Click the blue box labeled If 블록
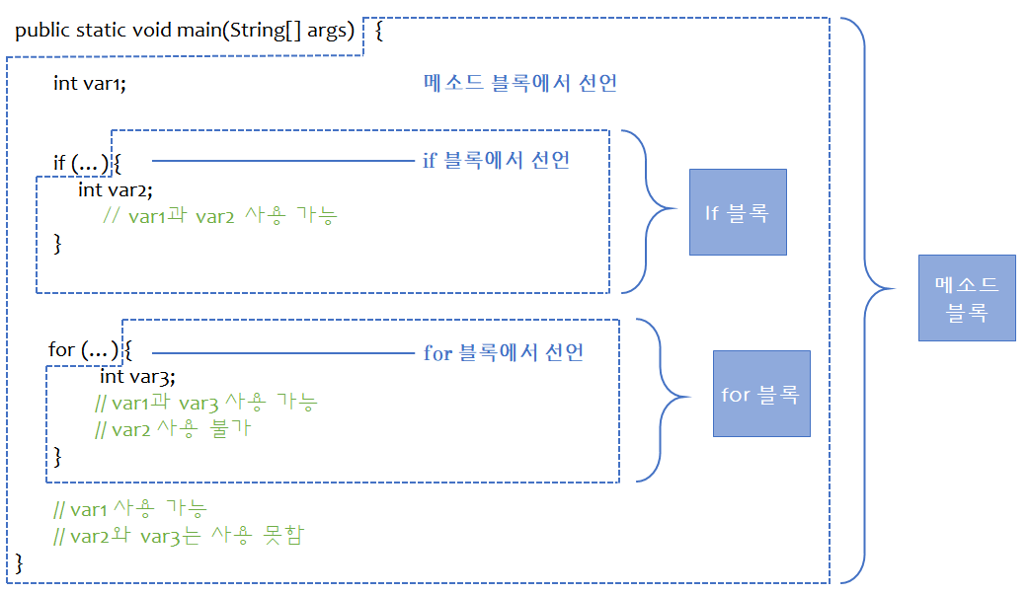(x=738, y=212)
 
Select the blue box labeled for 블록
(x=760, y=394)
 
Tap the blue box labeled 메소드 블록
(x=967, y=298)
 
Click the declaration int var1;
(x=90, y=84)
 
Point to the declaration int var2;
(x=116, y=189)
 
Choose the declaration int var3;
(x=137, y=376)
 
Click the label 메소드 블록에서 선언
(x=519, y=83)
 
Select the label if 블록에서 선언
(x=497, y=160)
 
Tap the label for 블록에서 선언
(x=504, y=352)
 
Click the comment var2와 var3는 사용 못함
(x=180, y=536)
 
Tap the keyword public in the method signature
(x=42, y=30)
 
